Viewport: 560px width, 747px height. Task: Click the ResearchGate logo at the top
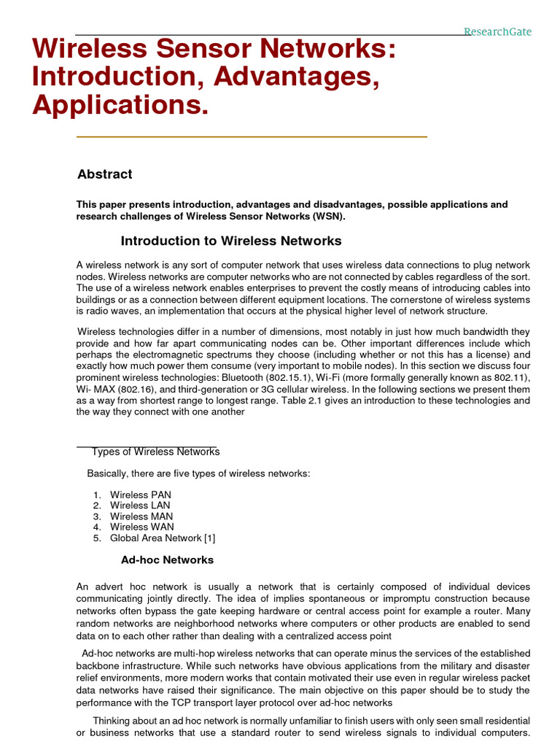pos(498,31)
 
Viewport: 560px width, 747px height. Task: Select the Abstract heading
pos(105,174)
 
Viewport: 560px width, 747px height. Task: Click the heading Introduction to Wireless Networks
pos(230,241)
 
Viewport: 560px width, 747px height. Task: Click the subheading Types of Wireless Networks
pos(155,452)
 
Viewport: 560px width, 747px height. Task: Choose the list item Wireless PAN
pos(140,495)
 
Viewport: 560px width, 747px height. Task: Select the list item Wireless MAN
pos(141,516)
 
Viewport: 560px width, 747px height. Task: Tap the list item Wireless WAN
pos(141,527)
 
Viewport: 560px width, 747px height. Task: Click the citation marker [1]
pos(209,538)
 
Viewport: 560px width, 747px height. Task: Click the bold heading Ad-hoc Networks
pos(167,560)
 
